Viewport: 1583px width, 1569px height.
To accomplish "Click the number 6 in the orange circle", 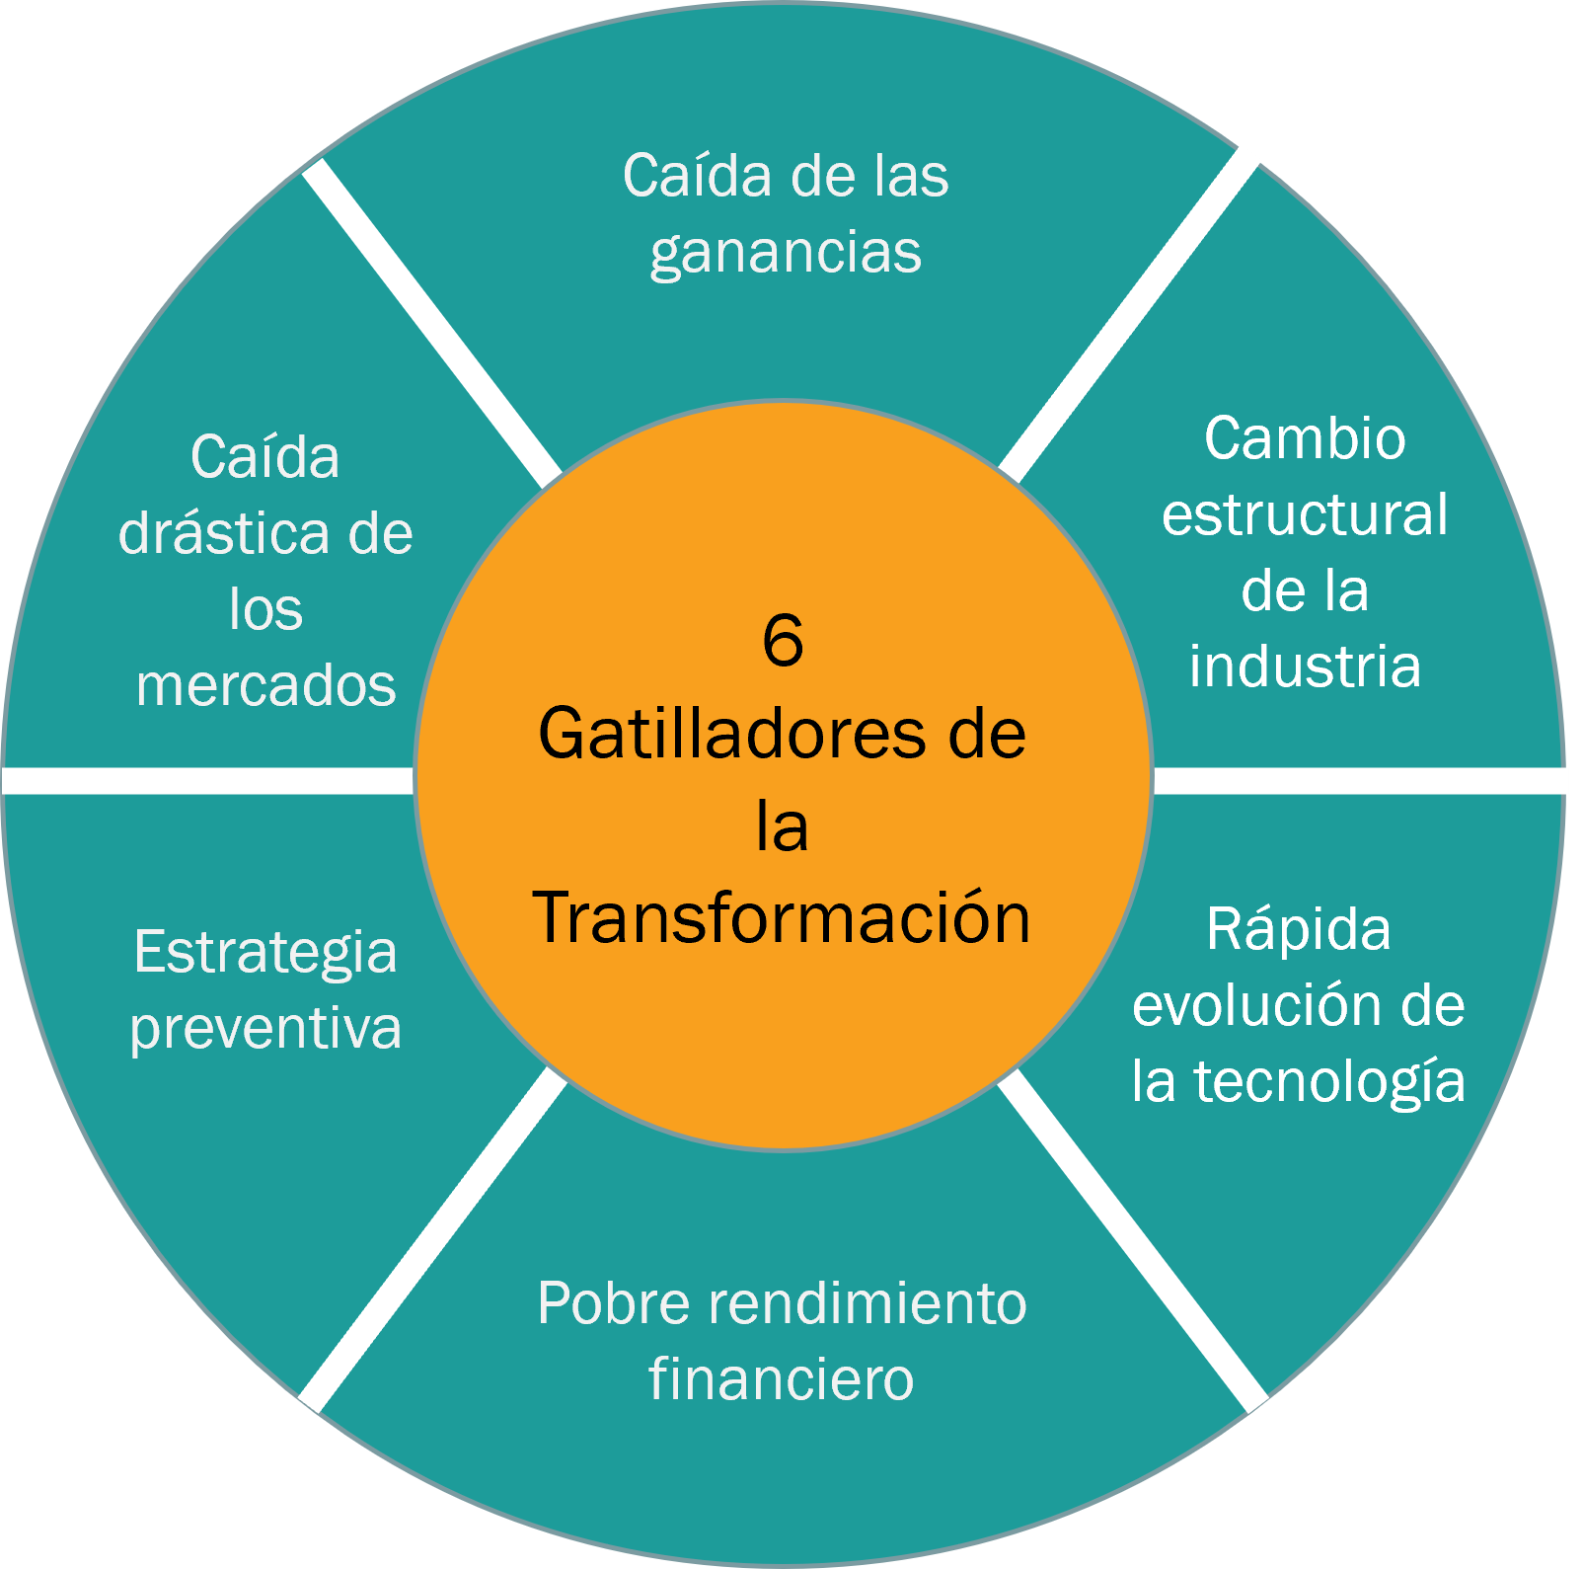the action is pyautogui.click(x=783, y=641).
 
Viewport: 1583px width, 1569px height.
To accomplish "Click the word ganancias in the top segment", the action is pyautogui.click(x=786, y=253).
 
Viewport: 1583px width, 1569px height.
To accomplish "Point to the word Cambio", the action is pyautogui.click(x=1305, y=438).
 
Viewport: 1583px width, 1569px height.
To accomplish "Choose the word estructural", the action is pyautogui.click(x=1305, y=514).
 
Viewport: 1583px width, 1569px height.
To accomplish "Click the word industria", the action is pyautogui.click(x=1305, y=667).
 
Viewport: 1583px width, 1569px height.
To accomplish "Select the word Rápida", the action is pyautogui.click(x=1298, y=930).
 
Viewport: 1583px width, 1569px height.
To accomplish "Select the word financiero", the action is pyautogui.click(x=782, y=1379).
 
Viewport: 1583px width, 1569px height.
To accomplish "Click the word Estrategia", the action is pyautogui.click(x=265, y=953).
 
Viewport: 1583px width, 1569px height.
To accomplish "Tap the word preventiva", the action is pyautogui.click(x=265, y=1030).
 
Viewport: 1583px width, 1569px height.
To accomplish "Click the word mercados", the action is pyautogui.click(x=265, y=686).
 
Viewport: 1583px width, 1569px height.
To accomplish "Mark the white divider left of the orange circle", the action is pyautogui.click(x=207, y=781).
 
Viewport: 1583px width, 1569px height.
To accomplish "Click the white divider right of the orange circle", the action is pyautogui.click(x=1360, y=781).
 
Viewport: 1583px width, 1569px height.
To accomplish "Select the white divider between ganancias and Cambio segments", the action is pyautogui.click(x=1130, y=313).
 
